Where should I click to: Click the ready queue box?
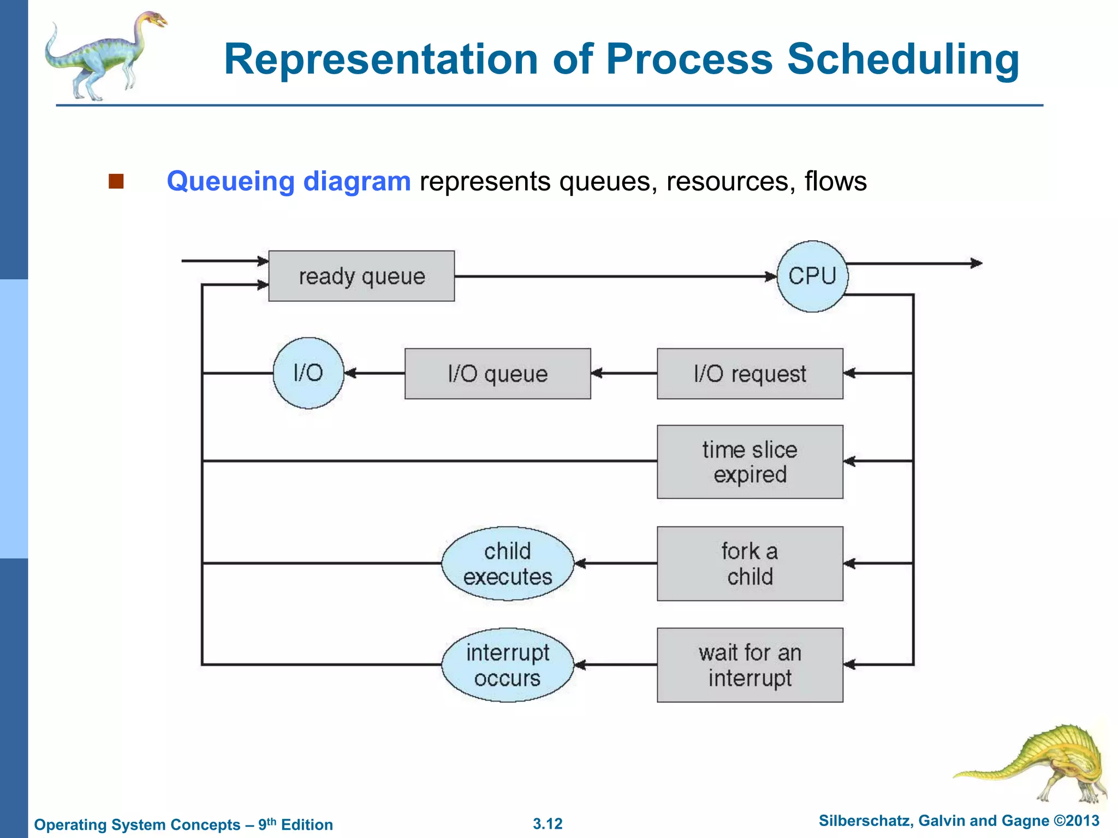pos(361,276)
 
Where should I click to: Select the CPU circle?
pos(812,276)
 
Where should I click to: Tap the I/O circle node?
pos(308,373)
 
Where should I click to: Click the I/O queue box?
pos(497,374)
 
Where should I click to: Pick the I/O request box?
pos(750,374)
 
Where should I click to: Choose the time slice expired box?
pos(750,462)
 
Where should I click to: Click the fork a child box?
pos(750,564)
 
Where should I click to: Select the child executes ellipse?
pos(508,564)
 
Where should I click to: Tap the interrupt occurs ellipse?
pos(508,665)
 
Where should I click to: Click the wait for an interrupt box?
pos(750,665)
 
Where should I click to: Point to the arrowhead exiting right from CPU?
pos(976,264)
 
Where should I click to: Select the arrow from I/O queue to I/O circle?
pos(374,373)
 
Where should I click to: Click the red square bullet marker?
pos(116,181)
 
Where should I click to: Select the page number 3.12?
pos(548,824)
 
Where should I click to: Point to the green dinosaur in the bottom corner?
pos(1037,764)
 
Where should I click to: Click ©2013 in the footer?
pos(1076,821)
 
